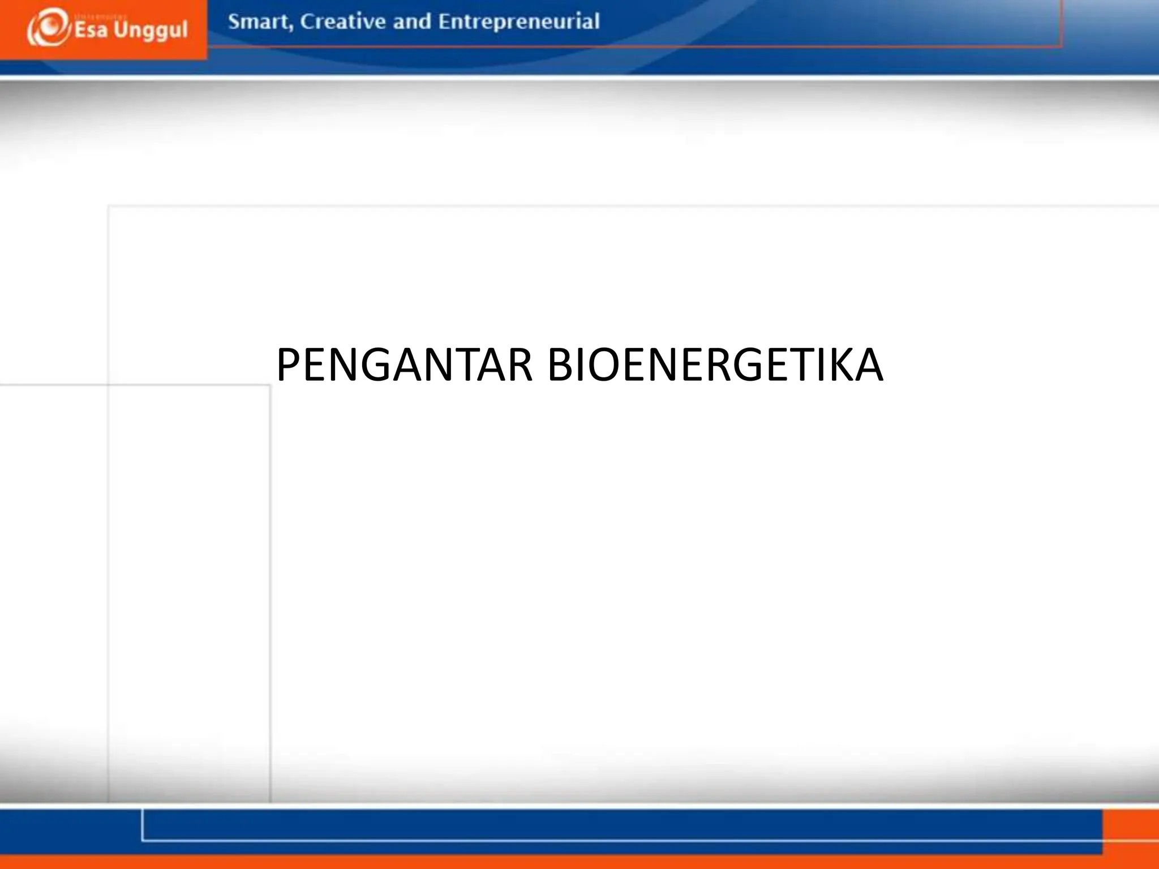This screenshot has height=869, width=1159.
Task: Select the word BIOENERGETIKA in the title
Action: coord(715,365)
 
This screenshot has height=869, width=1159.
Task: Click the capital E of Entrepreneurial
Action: coord(445,21)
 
